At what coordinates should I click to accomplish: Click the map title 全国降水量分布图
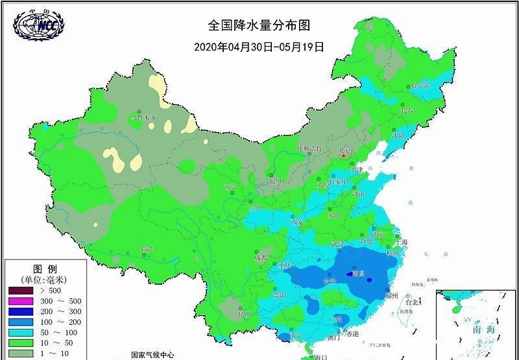point(259,25)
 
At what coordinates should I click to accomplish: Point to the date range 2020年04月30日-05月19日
point(259,47)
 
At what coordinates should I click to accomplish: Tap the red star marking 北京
point(344,156)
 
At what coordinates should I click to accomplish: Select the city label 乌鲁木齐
point(144,119)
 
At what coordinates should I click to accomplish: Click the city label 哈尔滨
point(420,85)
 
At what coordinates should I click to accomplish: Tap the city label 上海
point(400,242)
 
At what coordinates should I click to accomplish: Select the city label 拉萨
point(147,249)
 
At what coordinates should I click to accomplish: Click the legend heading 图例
point(45,269)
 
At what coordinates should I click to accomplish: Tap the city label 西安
point(298,222)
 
